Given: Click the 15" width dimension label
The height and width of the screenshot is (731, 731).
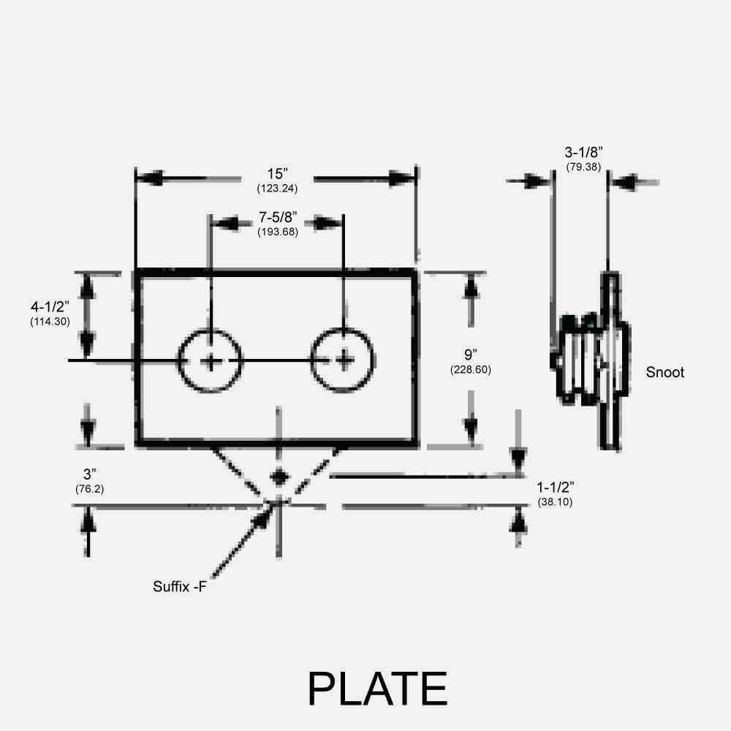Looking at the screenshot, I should [x=277, y=174].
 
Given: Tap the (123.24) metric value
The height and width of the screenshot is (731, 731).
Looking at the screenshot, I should [x=277, y=188].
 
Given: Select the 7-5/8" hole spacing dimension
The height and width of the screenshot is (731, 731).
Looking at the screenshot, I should [x=277, y=219].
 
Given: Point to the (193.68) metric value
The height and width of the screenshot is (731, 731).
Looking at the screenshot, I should [x=277, y=232].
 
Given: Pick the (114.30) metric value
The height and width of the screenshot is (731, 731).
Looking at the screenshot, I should [x=50, y=322].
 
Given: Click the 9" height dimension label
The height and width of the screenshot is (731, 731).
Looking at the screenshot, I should [x=470, y=355].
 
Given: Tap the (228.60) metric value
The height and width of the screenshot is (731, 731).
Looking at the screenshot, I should [x=470, y=370].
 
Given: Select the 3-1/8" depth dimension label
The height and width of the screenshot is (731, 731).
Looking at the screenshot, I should [x=583, y=153].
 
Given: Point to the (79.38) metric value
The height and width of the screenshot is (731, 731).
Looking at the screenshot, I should [x=583, y=167].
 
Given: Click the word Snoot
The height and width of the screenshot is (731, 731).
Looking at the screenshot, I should [x=665, y=372].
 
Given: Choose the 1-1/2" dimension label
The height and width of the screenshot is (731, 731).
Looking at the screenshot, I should [x=555, y=488].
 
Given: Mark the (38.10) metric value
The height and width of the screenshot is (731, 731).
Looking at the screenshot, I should [x=555, y=502].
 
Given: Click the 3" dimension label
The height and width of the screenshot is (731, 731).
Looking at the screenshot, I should [x=89, y=474].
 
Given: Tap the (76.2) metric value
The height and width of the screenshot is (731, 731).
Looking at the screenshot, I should [x=89, y=489].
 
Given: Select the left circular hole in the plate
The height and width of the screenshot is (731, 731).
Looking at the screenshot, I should [x=211, y=360].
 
